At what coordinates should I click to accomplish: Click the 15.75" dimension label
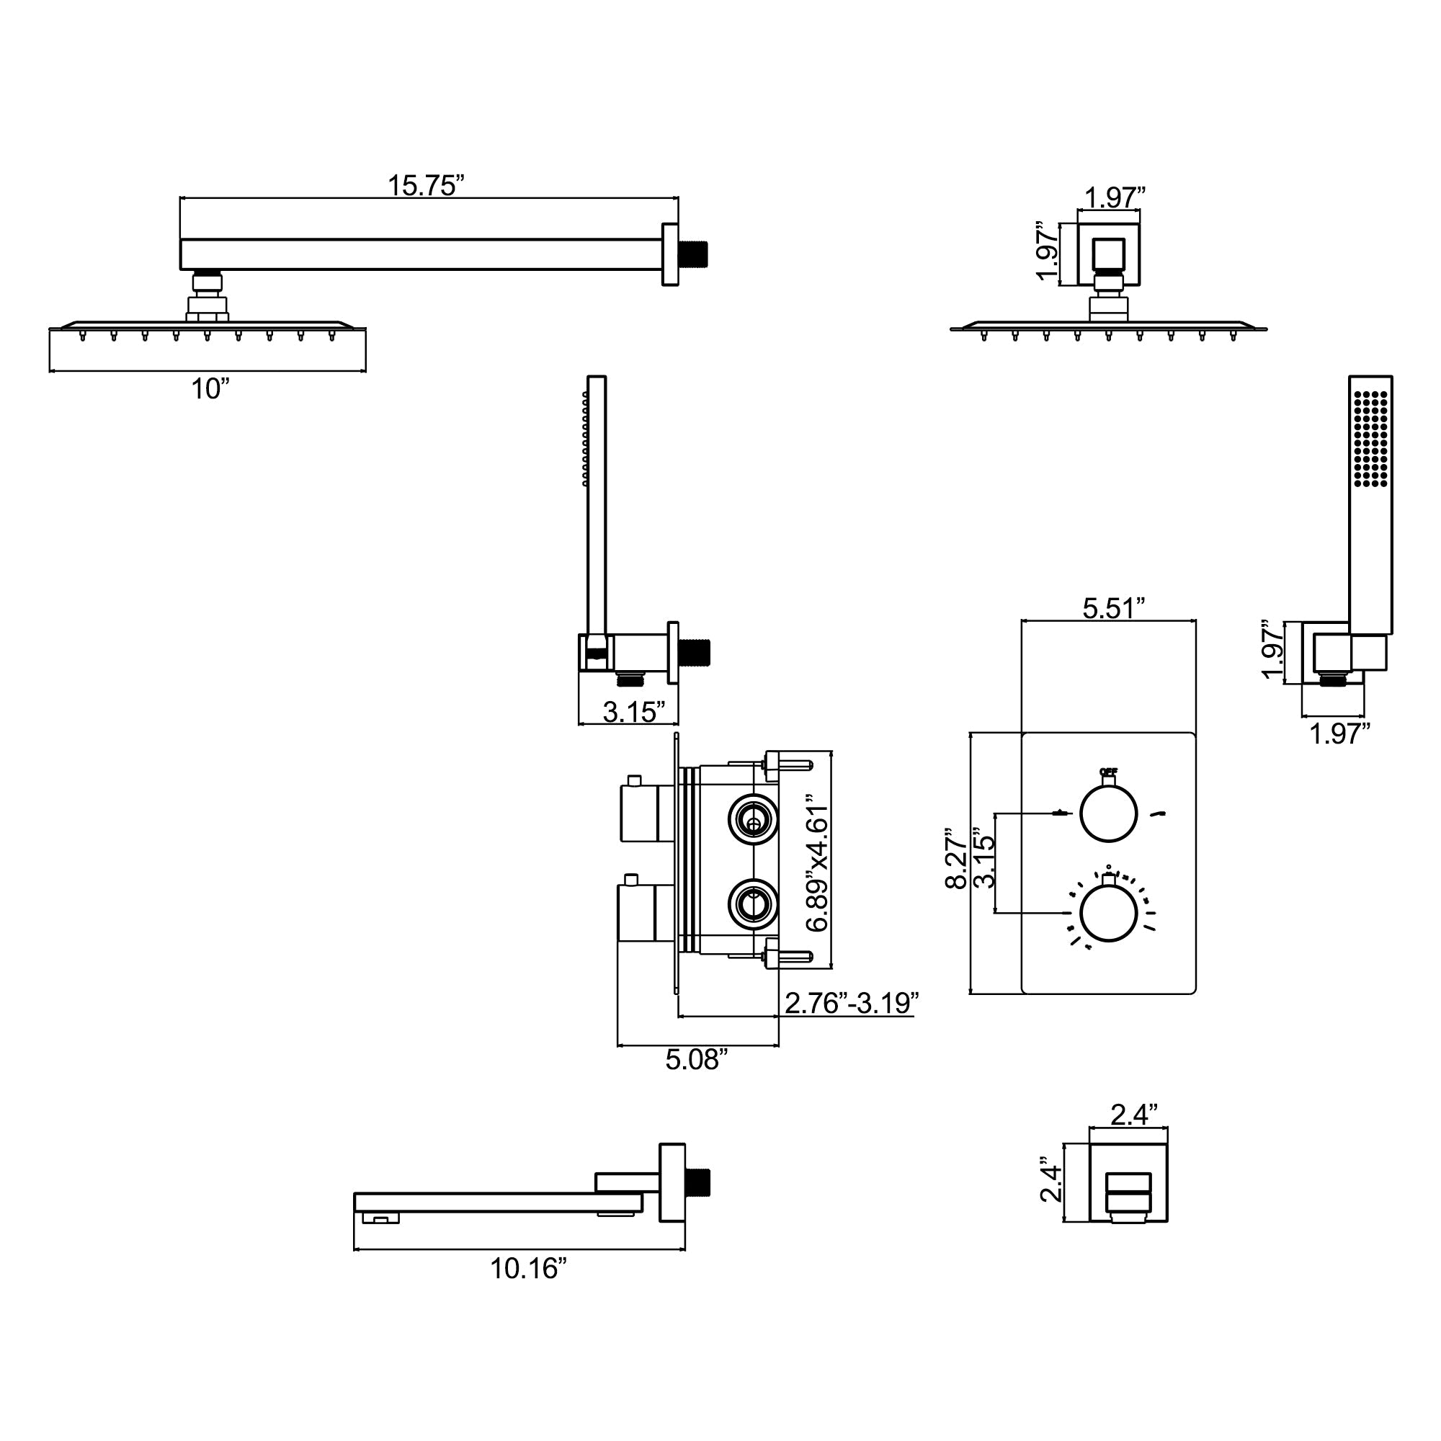click(426, 186)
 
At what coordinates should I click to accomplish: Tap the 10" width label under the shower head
click(210, 389)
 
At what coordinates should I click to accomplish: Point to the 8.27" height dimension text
click(957, 857)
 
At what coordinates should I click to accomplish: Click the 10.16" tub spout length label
click(528, 1269)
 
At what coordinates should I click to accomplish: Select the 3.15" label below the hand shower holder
click(633, 712)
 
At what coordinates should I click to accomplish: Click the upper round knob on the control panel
click(1108, 813)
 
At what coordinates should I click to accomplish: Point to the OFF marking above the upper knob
click(1107, 772)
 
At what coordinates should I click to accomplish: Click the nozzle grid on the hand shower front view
click(1371, 439)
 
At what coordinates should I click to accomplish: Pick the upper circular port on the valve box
click(753, 819)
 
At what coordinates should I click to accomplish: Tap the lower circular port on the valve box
click(753, 904)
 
